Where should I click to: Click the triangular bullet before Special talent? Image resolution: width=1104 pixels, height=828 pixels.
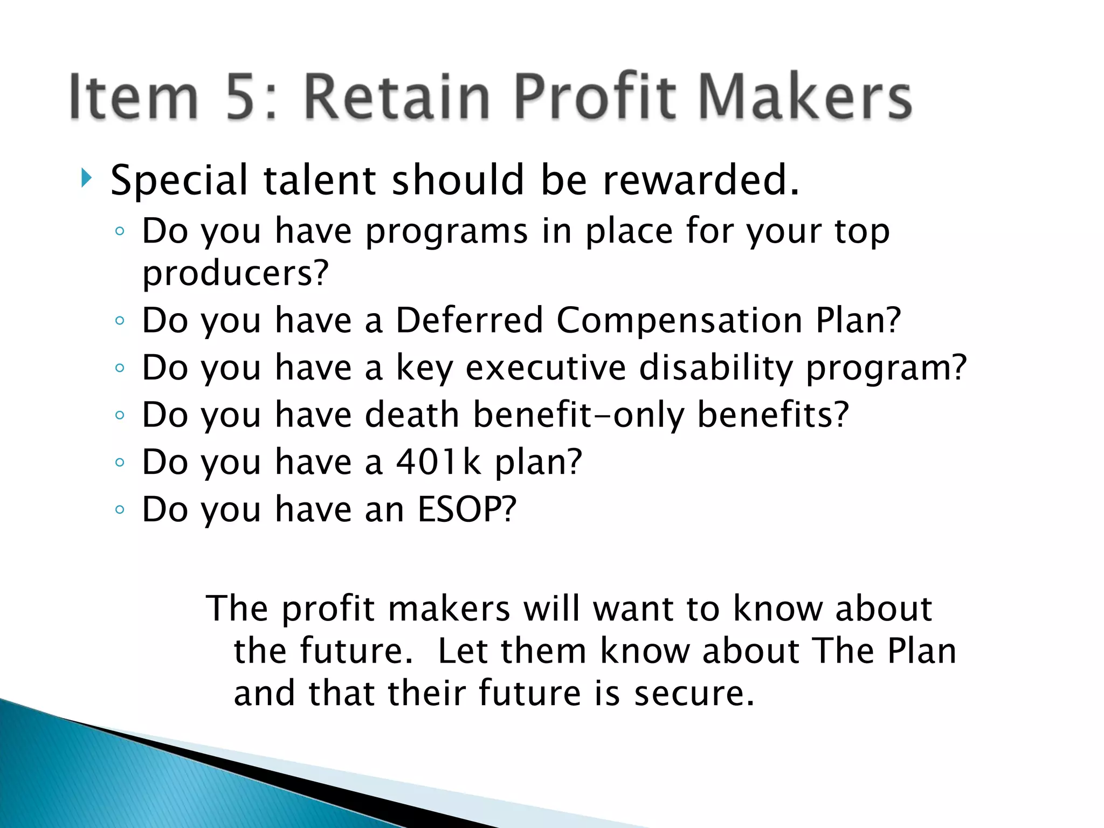click(86, 178)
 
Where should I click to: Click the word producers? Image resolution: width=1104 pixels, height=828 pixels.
click(235, 273)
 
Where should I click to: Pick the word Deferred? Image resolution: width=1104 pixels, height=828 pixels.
click(469, 320)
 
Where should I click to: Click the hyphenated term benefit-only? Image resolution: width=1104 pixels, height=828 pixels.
click(578, 415)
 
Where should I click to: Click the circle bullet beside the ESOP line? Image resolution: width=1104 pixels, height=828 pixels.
click(120, 509)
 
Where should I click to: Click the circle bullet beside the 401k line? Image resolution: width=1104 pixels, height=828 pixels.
click(120, 462)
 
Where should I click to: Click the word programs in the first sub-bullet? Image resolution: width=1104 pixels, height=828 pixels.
click(446, 231)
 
